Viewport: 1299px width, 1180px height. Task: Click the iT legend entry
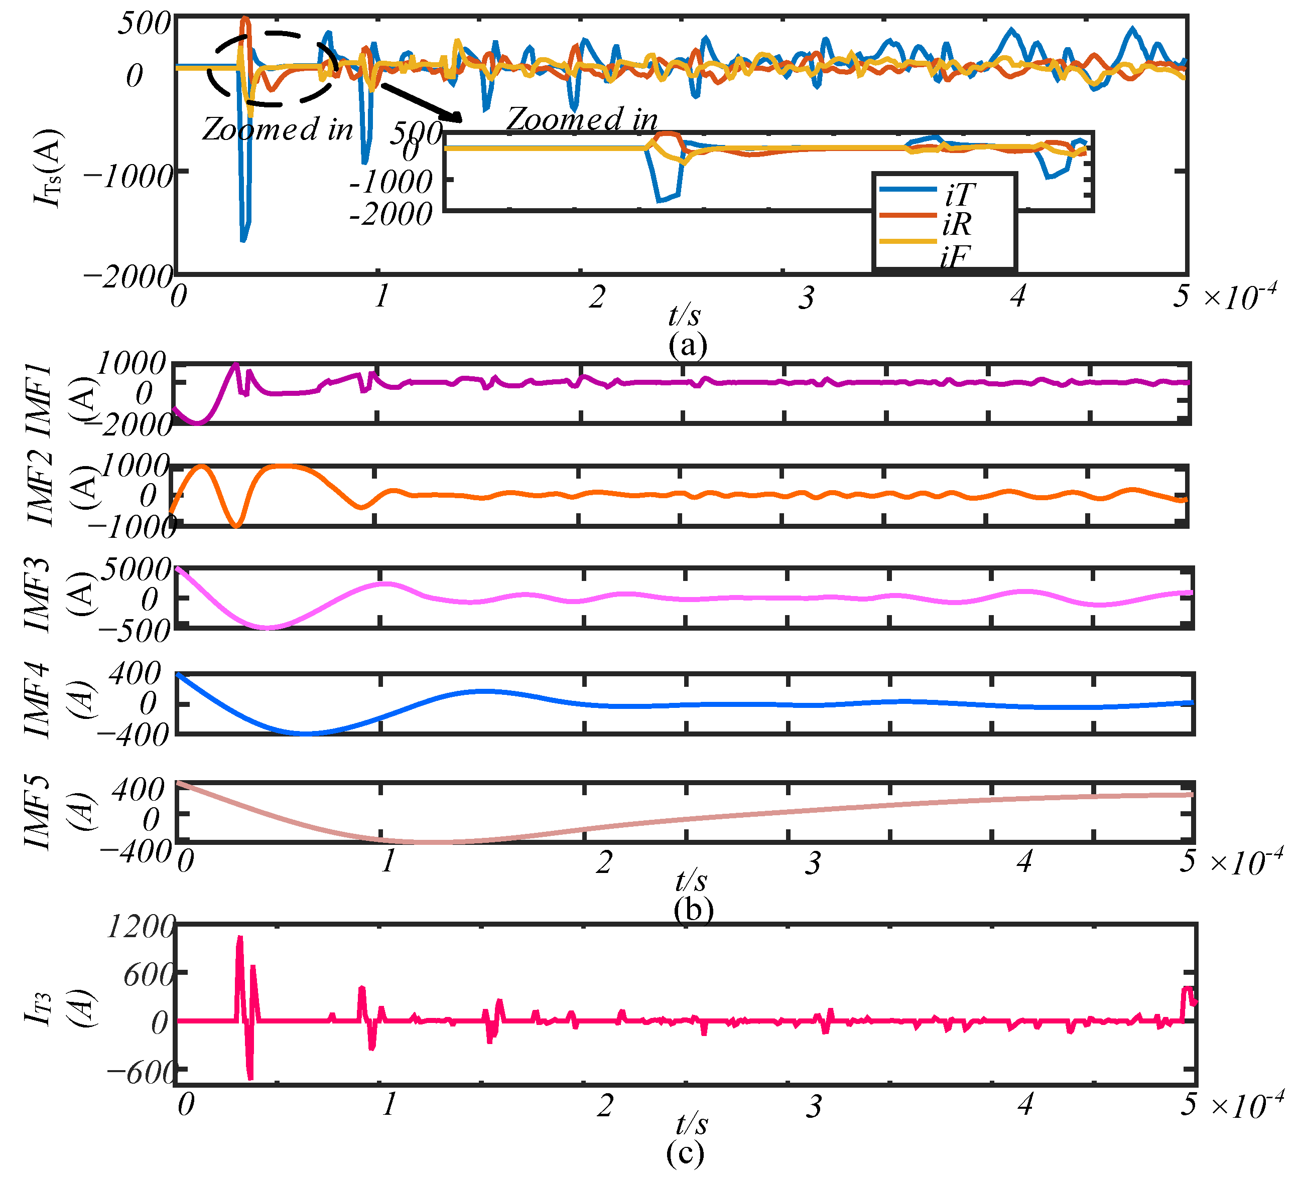tap(960, 194)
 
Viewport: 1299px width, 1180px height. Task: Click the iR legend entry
tap(957, 224)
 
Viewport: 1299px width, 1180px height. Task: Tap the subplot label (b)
tap(693, 910)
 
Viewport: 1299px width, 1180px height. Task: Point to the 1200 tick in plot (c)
tap(140, 928)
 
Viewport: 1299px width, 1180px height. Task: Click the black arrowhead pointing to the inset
tap(454, 117)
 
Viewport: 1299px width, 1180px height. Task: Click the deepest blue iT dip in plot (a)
tap(243, 240)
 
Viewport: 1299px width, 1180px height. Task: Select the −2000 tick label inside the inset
tap(391, 214)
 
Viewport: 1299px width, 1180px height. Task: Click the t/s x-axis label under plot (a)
tap(684, 315)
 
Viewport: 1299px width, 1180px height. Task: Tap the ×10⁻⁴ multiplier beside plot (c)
tap(1247, 1105)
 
